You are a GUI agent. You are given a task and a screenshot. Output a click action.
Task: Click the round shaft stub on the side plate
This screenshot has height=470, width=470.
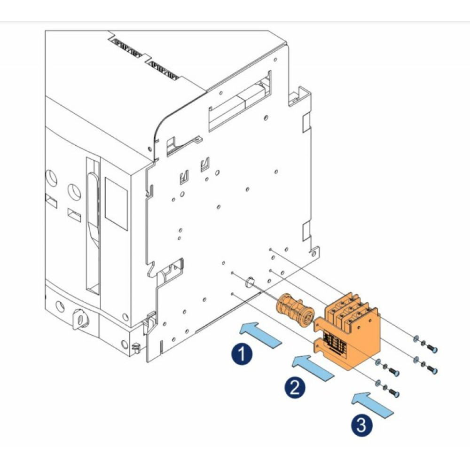(x=249, y=283)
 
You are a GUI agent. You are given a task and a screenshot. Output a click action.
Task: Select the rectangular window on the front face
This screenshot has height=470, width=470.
(x=116, y=204)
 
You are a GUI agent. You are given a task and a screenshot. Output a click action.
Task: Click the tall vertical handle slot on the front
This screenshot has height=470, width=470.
(x=93, y=226)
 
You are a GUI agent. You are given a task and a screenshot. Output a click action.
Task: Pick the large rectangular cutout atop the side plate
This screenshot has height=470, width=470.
(x=240, y=103)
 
